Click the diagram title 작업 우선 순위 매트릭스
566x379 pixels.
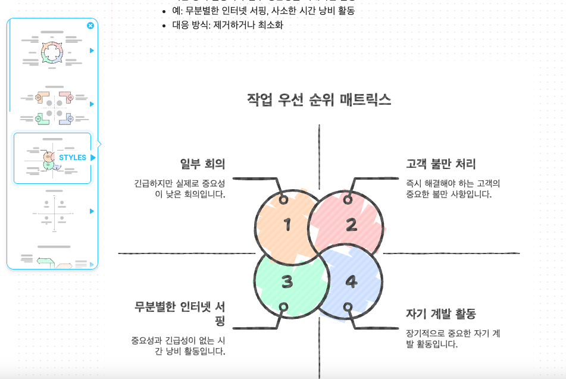tap(319, 99)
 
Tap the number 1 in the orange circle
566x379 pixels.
tap(287, 225)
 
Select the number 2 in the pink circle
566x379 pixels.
tap(351, 225)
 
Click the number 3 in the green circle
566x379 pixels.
tap(287, 282)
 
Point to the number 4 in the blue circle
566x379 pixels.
tap(351, 282)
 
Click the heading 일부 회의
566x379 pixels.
tap(202, 164)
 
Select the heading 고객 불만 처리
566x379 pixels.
tap(441, 164)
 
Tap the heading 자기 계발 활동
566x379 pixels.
tap(441, 314)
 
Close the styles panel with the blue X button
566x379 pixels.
tap(90, 26)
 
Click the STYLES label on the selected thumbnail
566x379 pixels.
tap(73, 158)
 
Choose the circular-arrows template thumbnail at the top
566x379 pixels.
tap(52, 51)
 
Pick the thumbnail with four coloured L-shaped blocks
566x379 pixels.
tap(54, 105)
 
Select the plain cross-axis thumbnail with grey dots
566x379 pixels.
tap(54, 211)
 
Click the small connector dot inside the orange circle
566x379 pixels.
tap(284, 199)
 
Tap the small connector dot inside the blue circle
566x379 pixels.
tap(348, 307)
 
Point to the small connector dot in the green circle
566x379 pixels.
tap(284, 307)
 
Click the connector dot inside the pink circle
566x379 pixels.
tap(348, 199)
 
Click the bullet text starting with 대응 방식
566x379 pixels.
tap(228, 25)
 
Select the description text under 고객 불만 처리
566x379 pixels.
tap(453, 189)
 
